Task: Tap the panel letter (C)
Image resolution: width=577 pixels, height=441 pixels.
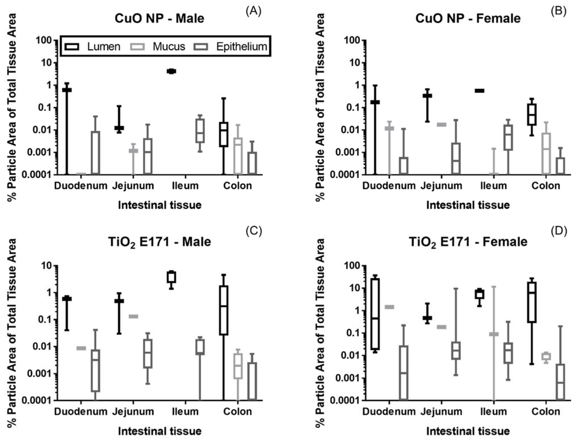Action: tap(253, 231)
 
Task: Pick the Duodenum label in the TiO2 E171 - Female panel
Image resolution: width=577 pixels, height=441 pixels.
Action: tap(389, 411)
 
